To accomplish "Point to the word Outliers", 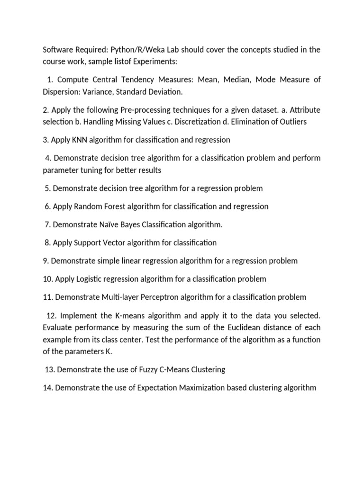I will [290, 122].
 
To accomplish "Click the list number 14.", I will [47, 388].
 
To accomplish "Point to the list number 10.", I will [47, 279].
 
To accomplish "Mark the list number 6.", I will [47, 207].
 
